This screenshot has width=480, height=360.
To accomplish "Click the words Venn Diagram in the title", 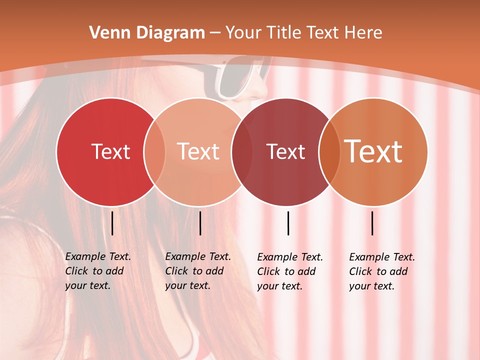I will point(147,33).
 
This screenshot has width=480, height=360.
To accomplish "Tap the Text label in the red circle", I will point(110,151).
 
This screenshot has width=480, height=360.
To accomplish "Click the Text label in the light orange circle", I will point(198,151).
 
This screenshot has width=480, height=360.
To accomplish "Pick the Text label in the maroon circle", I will point(286,151).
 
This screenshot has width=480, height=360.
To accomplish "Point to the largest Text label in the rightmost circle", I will point(373,151).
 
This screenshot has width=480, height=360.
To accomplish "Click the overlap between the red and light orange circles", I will point(154,151).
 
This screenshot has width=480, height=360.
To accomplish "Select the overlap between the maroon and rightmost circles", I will point(329,151).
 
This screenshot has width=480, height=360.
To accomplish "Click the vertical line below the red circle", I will point(112,223).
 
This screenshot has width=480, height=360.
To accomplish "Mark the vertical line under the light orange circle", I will point(200,223).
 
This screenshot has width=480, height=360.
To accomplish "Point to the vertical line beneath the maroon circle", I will point(288,223).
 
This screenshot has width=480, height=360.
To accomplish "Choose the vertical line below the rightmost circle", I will point(372,223).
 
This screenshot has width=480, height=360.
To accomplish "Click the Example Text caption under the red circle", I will point(97,271).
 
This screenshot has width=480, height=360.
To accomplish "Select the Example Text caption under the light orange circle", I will point(197,271).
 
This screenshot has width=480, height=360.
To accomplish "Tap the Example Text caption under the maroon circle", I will point(289,271).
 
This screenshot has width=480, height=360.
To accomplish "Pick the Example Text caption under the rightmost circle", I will point(381,271).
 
